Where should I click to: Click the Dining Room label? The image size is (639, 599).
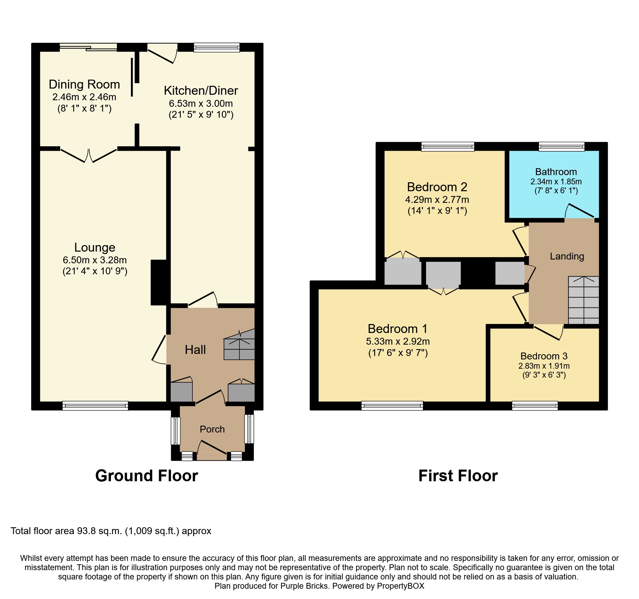click(x=84, y=84)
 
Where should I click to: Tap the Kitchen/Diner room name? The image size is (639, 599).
click(x=201, y=91)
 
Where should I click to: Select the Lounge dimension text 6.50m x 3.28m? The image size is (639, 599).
click(x=95, y=260)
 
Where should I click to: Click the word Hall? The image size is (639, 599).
click(x=195, y=350)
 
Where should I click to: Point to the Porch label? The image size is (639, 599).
click(x=212, y=429)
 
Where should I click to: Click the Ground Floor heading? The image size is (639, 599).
click(x=147, y=476)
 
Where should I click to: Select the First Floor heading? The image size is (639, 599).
click(x=458, y=476)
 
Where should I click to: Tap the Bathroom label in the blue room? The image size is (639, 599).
click(x=556, y=172)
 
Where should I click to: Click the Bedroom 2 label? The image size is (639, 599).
click(x=437, y=187)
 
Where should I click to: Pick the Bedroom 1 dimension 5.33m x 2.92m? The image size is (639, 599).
click(x=398, y=341)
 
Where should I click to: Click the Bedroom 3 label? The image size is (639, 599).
click(x=544, y=356)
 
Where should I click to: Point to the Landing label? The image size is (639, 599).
click(x=567, y=256)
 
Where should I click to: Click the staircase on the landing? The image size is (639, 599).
click(x=584, y=300)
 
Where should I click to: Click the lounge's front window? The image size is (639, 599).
click(x=95, y=406)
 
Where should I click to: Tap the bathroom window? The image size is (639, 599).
click(x=562, y=147)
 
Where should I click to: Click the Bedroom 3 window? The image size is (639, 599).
click(x=535, y=406)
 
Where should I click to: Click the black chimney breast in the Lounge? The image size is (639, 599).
click(x=159, y=283)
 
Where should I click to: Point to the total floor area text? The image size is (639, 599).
click(x=111, y=531)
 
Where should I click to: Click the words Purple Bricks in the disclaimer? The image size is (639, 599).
click(x=304, y=586)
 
